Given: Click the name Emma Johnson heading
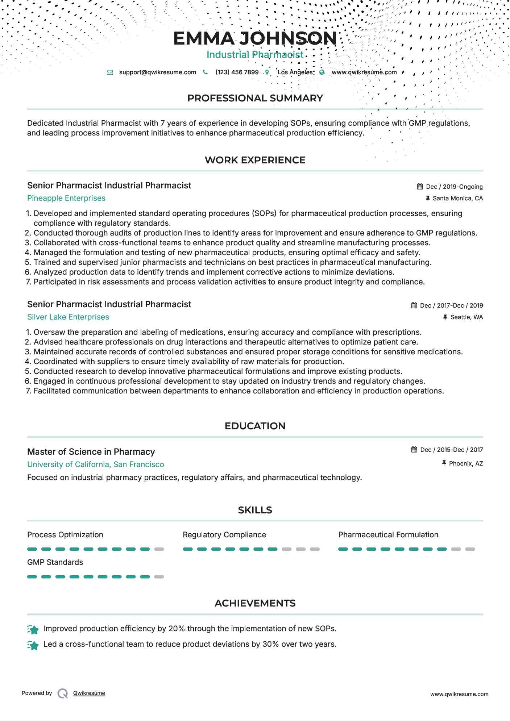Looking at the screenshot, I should click(x=255, y=38).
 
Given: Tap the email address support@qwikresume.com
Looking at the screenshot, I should click(x=157, y=72).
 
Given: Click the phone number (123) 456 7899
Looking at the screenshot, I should click(x=237, y=72).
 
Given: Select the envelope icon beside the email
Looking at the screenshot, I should click(x=110, y=72).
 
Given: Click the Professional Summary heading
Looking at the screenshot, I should click(x=255, y=98).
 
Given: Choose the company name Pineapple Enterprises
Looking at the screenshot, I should click(x=66, y=198).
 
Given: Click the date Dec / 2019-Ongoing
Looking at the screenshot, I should click(x=454, y=187).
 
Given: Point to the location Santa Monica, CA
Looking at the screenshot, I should click(x=457, y=198).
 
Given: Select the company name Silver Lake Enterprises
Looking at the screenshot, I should click(x=68, y=317).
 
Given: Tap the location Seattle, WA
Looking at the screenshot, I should click(x=466, y=317).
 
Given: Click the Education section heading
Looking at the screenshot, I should click(x=255, y=426).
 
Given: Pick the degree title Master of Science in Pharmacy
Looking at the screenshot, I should click(x=91, y=452).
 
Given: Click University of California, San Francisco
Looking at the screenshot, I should click(x=96, y=464).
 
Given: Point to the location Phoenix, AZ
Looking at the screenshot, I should click(x=466, y=463).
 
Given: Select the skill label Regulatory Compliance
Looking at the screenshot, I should click(x=224, y=535).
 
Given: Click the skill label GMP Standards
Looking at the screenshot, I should click(x=55, y=562).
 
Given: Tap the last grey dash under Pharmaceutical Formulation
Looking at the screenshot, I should click(x=470, y=549).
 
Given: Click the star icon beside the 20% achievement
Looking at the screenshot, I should click(x=33, y=630).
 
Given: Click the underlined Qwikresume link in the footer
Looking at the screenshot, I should click(x=89, y=693).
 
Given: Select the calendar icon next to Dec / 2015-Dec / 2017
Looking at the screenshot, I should click(x=414, y=450).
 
